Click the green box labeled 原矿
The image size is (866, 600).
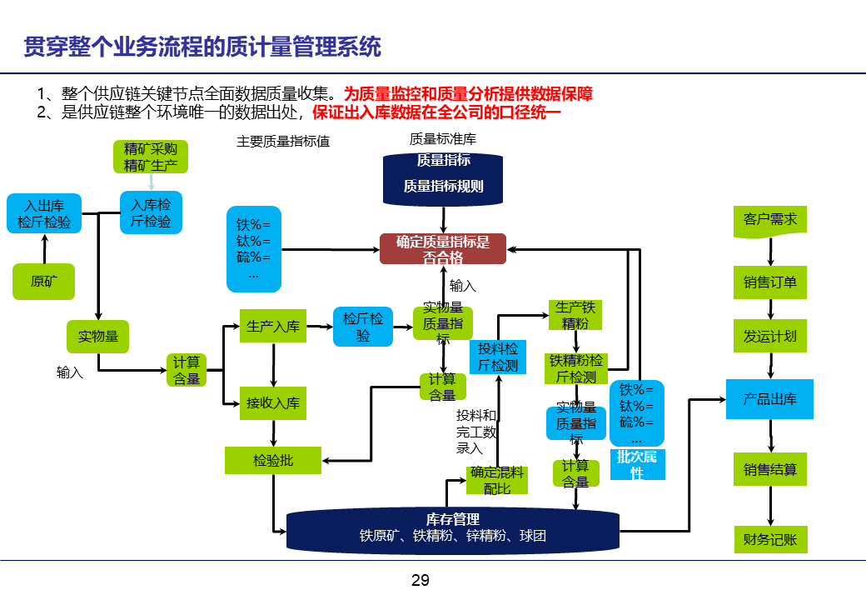pos(43,281)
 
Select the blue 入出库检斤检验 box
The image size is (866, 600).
pos(44,213)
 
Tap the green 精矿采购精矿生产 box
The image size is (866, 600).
pos(151,157)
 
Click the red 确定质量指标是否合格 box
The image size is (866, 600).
pos(443,249)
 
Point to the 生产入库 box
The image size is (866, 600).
pos(273,327)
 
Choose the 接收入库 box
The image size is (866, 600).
pos(273,403)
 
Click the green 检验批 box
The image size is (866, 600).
pos(273,460)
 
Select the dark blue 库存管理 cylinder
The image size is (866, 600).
pos(452,529)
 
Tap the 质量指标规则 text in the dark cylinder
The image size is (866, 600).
pos(443,186)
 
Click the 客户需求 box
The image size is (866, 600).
pos(770,220)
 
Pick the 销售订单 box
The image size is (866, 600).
pos(770,282)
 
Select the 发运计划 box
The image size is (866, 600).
pos(770,336)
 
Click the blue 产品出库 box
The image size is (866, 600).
pos(770,399)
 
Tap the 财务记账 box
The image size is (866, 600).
pos(770,540)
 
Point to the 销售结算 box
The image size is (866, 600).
pos(770,470)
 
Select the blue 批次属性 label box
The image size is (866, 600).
pos(637,464)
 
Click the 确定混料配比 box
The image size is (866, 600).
pos(497,480)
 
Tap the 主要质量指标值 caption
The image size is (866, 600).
pos(283,142)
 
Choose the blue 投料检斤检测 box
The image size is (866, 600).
pos(498,357)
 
